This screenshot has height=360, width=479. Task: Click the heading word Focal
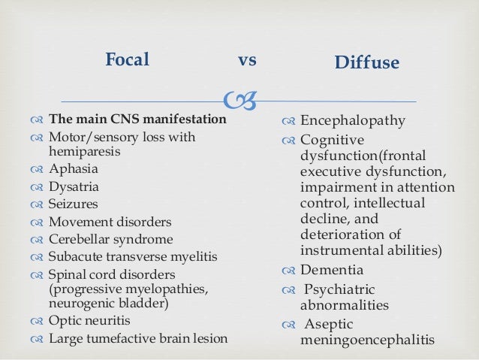point(127,59)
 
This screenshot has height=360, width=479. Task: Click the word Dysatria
point(74,187)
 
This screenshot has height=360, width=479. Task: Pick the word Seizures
point(73,204)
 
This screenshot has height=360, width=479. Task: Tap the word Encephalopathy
point(353,121)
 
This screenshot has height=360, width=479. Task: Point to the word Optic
point(65,320)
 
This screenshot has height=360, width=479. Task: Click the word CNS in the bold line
point(113,119)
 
